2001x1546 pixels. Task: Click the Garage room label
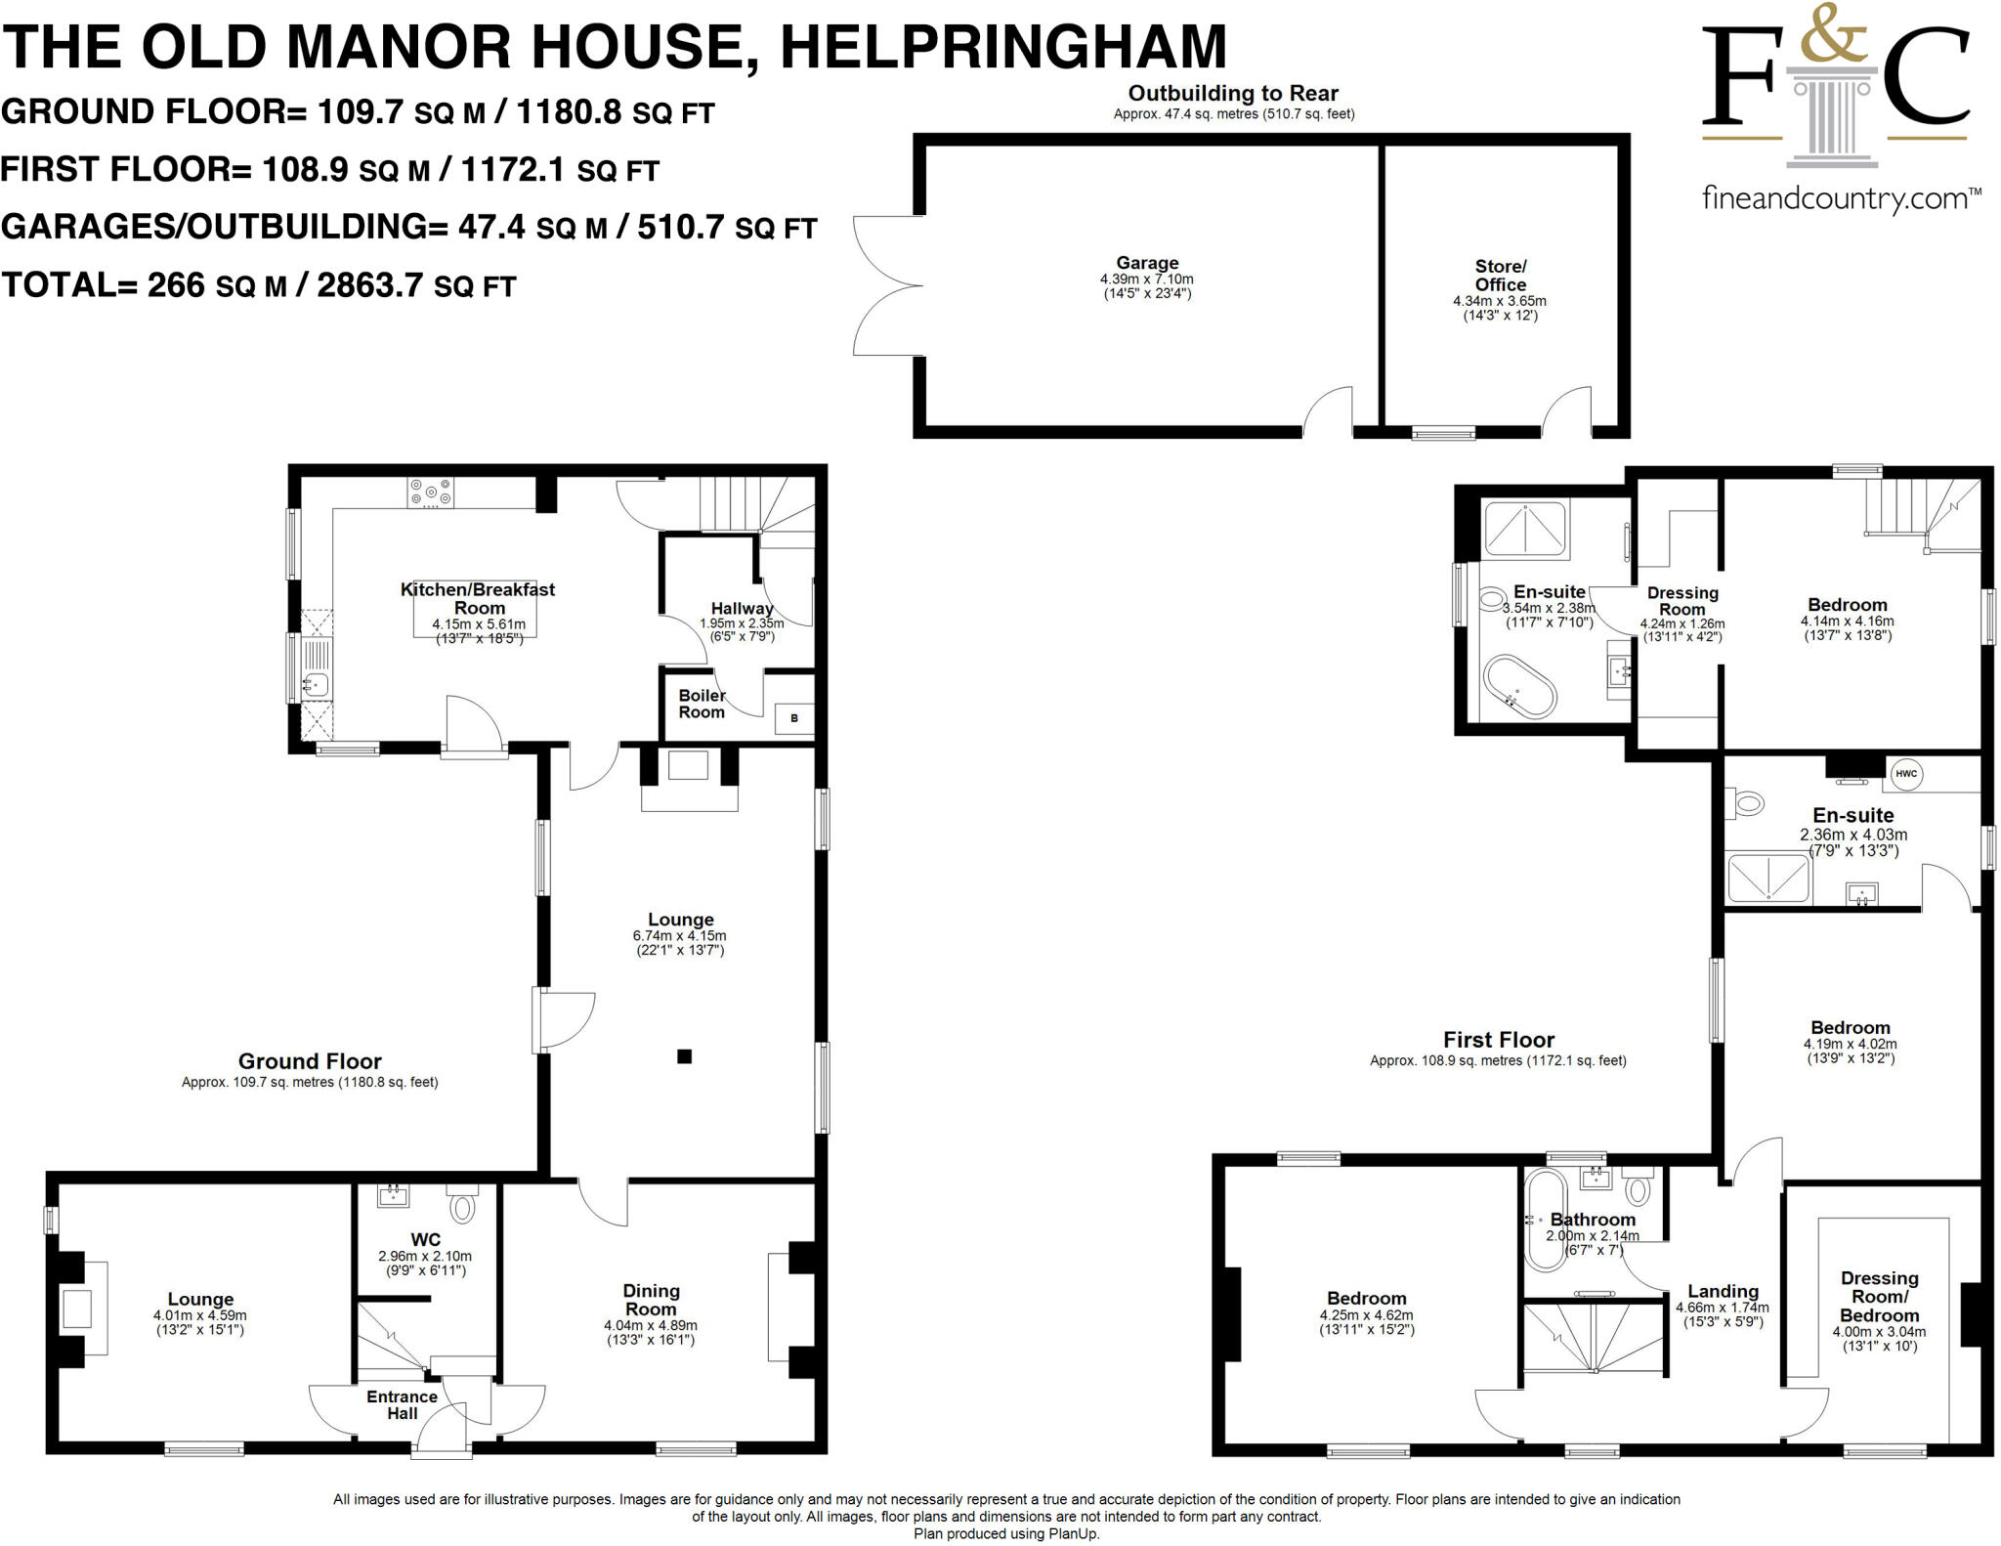tap(1147, 263)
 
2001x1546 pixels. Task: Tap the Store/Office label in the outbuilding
tap(1500, 276)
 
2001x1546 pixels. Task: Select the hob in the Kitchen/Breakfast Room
tap(431, 492)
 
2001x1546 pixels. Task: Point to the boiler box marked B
tap(793, 718)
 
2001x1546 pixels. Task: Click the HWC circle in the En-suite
tap(1906, 774)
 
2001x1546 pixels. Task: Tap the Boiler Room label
tap(702, 704)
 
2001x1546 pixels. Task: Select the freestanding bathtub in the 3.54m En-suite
tap(1519, 686)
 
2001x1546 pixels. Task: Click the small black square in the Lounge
tap(684, 1056)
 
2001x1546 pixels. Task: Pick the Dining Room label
tap(651, 1300)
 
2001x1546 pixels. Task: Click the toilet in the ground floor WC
tap(464, 1206)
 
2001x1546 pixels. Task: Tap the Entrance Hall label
tap(402, 1405)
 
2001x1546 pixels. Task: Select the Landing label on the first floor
tap(1723, 1291)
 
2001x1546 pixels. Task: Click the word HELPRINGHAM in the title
tap(1002, 46)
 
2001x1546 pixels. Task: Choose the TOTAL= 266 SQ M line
tap(258, 285)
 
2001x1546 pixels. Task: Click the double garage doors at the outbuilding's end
tap(884, 285)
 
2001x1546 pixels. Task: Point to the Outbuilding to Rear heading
tap(1233, 94)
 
